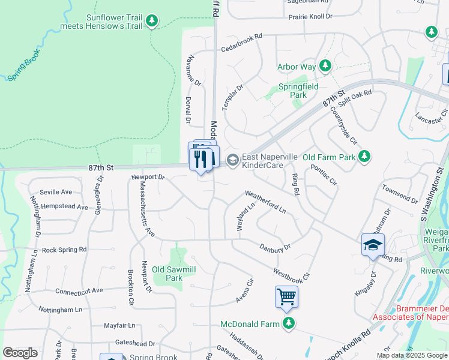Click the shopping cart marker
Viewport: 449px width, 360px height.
point(286,296)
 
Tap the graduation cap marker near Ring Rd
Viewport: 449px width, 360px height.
point(373,245)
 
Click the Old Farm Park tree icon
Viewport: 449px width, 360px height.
point(364,157)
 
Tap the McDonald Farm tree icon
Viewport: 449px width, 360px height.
point(289,324)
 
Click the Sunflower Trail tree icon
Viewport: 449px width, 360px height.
point(152,22)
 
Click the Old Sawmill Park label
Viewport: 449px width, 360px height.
point(174,274)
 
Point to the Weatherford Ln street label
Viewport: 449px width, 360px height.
point(265,202)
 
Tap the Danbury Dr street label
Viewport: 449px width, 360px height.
point(275,247)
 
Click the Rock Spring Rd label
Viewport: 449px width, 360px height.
point(64,250)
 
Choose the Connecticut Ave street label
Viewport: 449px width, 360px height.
point(79,290)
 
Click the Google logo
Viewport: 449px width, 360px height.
point(20,353)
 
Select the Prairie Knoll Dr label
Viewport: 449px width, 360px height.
point(310,16)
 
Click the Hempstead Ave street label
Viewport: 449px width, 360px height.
point(58,206)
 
